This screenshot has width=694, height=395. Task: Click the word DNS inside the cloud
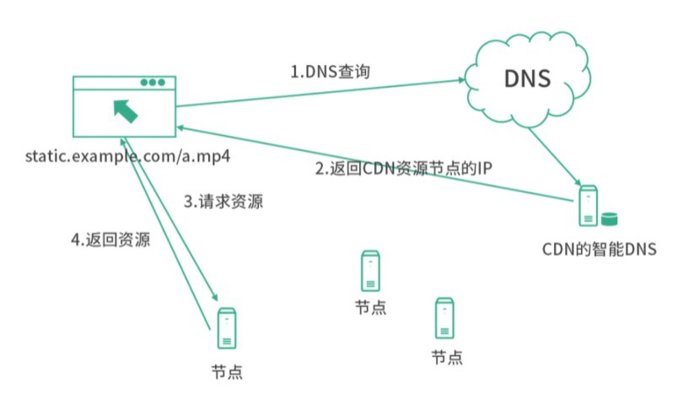pos(527,78)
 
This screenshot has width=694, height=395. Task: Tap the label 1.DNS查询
pos(331,71)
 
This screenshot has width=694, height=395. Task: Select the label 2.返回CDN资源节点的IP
pos(403,168)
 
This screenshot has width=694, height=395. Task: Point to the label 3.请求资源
pos(223,202)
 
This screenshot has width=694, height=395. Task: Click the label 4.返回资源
pos(110,240)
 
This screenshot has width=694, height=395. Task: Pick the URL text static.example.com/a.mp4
pos(127,156)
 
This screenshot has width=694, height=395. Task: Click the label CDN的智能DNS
pos(600,249)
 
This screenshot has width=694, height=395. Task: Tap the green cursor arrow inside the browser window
pos(126,111)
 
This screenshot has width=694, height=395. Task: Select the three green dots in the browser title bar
pos(153,83)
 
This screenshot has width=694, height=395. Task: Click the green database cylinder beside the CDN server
pos(610,219)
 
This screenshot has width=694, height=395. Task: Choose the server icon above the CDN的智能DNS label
pos(589,206)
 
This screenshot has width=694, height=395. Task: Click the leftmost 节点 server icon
pos(227,328)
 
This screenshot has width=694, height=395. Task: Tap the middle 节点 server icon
pos(370,271)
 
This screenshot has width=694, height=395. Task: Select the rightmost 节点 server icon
pos(444,318)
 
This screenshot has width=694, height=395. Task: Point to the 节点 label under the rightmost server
pos(447,357)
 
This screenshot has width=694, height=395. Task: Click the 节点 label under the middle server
pos(371,307)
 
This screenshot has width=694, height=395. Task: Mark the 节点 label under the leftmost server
pos(227,372)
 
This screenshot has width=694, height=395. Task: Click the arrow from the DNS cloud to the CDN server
pos(555,157)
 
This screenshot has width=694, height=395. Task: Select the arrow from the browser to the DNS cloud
pos(320,93)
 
